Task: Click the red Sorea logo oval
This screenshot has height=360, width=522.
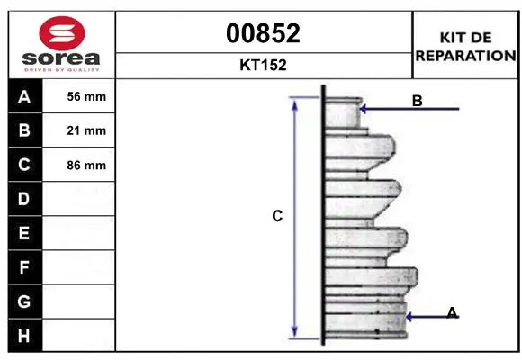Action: tap(62, 33)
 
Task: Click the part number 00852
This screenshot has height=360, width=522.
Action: tap(263, 33)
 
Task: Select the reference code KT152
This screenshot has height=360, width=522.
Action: tap(263, 65)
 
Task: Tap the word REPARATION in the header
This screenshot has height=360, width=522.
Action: tap(465, 56)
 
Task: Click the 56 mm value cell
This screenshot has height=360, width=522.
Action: tap(78, 96)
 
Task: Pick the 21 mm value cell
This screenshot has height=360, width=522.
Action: tap(78, 130)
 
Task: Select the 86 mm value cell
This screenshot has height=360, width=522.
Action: tap(78, 165)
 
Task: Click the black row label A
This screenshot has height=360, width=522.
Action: tap(25, 96)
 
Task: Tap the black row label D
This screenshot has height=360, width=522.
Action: tap(25, 199)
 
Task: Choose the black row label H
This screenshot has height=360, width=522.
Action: tap(25, 336)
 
